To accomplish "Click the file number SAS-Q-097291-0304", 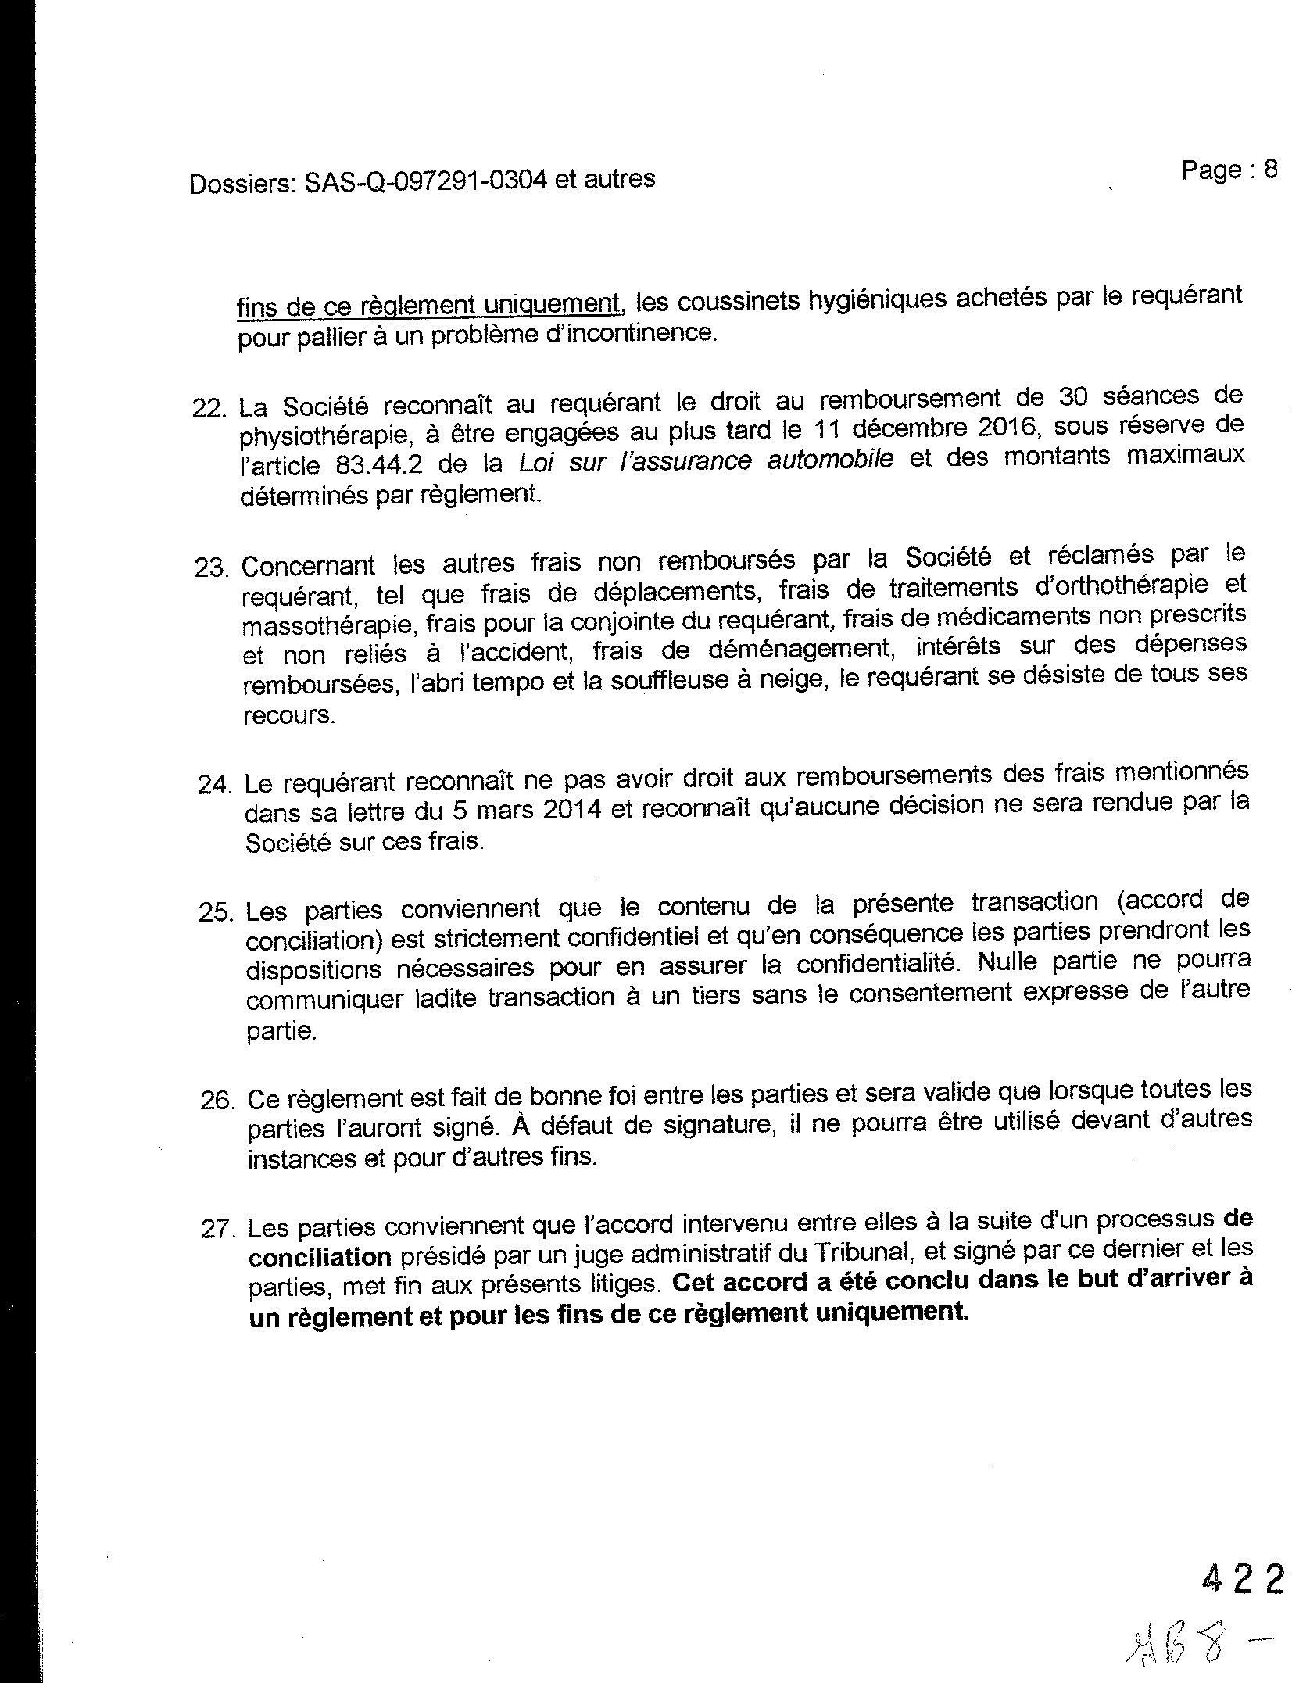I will [x=425, y=181].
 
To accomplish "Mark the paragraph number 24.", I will [x=214, y=785].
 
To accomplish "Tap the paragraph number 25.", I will [x=216, y=913].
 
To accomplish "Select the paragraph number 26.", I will [x=217, y=1101].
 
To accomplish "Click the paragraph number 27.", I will [x=219, y=1230].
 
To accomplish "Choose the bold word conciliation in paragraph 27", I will [x=320, y=1257].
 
